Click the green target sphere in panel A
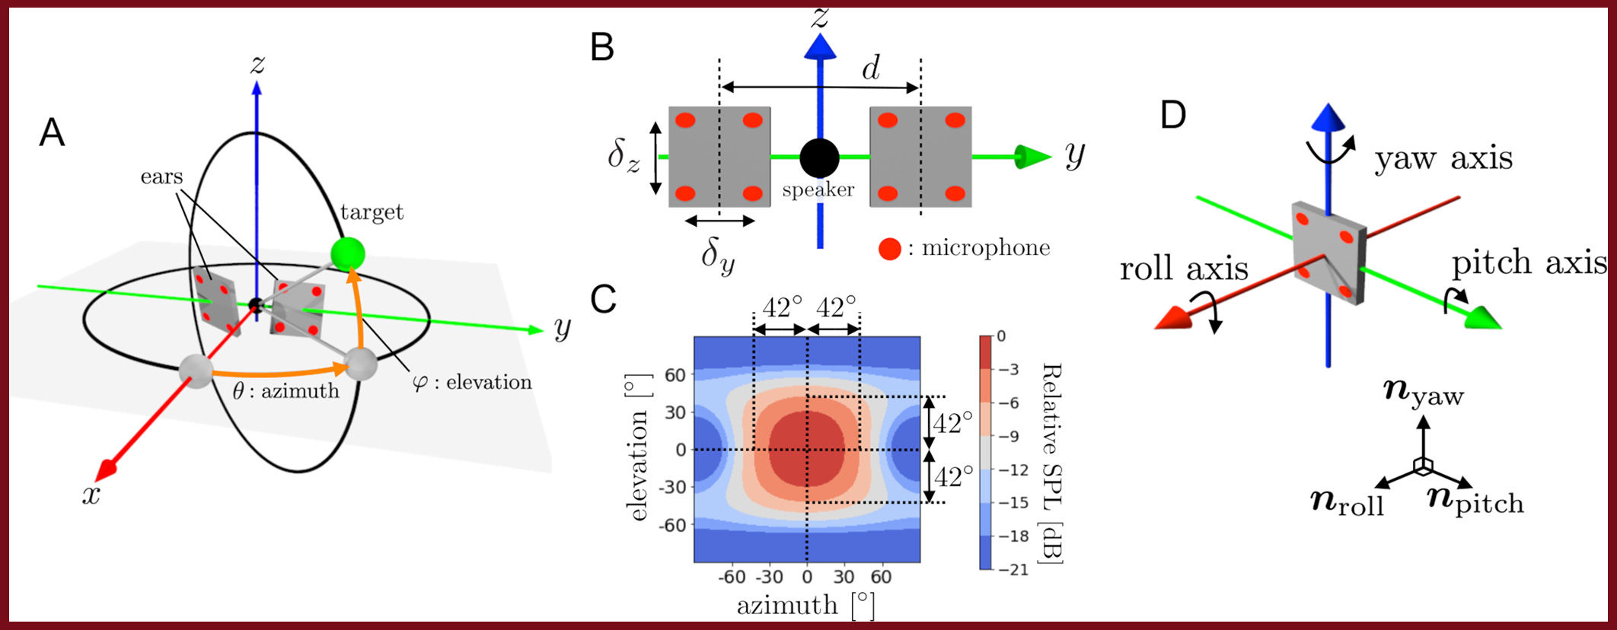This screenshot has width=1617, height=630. [348, 253]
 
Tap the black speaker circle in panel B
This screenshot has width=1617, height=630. [819, 157]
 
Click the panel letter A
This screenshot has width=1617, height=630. [52, 132]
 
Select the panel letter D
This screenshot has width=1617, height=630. [1173, 116]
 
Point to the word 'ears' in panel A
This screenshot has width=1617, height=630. [161, 177]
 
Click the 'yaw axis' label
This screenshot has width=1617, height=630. [1443, 158]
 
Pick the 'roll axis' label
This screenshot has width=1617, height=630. [1184, 269]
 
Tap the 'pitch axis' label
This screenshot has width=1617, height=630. [1529, 262]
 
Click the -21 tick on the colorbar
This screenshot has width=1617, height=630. [1013, 569]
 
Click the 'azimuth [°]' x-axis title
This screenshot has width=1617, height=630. [805, 606]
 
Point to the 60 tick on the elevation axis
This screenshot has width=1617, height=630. [675, 375]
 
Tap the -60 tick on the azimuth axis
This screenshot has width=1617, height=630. [732, 577]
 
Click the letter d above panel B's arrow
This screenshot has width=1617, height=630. [871, 68]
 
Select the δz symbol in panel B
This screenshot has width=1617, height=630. [624, 156]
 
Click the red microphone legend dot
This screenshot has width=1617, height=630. [889, 249]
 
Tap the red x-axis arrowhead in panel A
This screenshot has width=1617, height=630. [107, 469]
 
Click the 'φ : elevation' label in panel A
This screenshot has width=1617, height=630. [472, 382]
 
